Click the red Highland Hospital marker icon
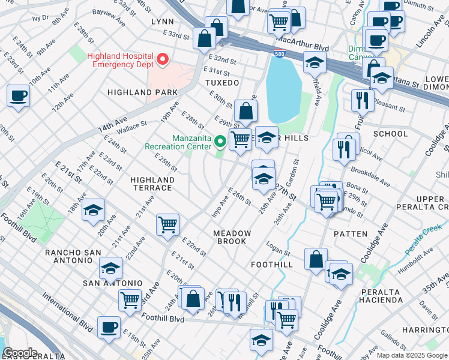(163, 59)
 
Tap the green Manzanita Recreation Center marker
(220, 142)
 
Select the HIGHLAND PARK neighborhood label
(143, 92)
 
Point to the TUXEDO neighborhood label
(222, 82)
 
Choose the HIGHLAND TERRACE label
(152, 184)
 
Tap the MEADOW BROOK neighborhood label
(231, 237)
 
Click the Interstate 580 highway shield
(280, 52)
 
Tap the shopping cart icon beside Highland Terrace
(167, 225)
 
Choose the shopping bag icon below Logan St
(316, 259)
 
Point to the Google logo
(19, 353)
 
